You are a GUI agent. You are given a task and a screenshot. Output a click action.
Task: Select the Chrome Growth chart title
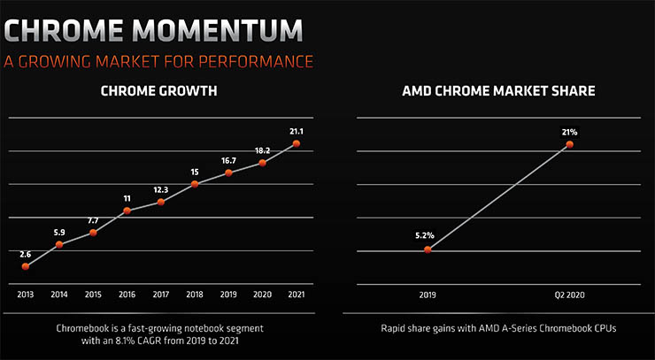[158, 90]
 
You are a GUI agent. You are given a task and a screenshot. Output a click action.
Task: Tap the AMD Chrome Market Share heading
[498, 90]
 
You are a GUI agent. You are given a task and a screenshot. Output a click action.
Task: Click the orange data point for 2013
[26, 265]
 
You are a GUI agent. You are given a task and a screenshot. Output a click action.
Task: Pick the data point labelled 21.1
[296, 142]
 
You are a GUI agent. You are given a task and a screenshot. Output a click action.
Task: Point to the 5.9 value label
[59, 232]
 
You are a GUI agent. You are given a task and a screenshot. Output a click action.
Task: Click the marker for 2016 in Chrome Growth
[127, 211]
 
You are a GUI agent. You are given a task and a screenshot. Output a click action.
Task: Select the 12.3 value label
[160, 190]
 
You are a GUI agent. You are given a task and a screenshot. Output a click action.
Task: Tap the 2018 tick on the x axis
[195, 294]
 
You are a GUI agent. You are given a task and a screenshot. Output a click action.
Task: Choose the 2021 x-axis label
[296, 294]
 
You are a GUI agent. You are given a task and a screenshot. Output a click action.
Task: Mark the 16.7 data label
[228, 161]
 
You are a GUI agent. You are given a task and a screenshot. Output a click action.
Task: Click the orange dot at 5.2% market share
[428, 249]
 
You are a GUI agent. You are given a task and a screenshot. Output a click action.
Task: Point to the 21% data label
[569, 132]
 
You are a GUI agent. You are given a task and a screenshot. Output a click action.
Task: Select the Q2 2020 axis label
[569, 294]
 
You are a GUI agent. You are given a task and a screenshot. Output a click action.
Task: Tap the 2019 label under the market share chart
[428, 294]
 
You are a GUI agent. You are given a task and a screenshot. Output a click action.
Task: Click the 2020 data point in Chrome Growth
[262, 163]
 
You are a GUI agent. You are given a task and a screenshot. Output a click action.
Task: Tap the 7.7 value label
[93, 220]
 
